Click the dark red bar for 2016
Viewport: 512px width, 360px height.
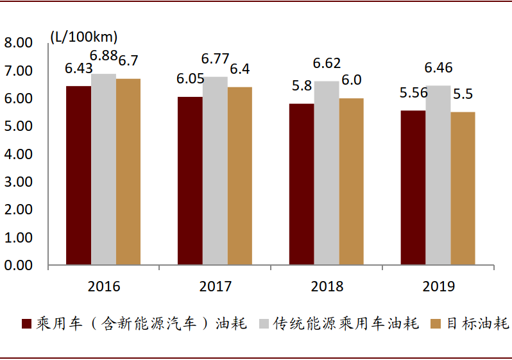click(x=79, y=175)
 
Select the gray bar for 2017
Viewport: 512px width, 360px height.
click(x=215, y=171)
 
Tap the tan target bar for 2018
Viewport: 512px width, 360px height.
click(x=352, y=182)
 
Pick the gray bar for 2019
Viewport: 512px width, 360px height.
click(x=438, y=175)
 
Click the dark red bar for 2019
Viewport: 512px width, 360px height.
click(x=413, y=187)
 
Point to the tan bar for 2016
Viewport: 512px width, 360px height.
click(x=128, y=172)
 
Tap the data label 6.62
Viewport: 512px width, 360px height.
click(x=327, y=64)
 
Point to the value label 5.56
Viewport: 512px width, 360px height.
click(x=414, y=93)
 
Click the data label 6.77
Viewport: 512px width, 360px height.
click(x=215, y=59)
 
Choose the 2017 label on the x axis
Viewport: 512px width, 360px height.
click(x=216, y=286)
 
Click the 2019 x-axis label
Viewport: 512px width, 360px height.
click(x=438, y=286)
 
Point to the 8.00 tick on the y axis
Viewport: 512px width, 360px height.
click(x=18, y=43)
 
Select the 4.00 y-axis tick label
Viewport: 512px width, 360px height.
click(x=18, y=154)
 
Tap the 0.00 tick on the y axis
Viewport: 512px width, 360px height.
click(x=18, y=265)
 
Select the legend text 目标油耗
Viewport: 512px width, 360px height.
click(x=478, y=323)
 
